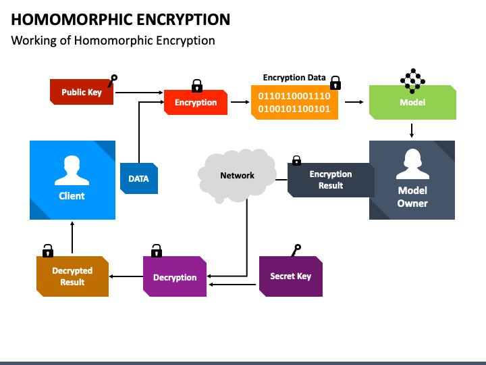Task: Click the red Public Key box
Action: tap(82, 92)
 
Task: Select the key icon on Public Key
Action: tap(112, 80)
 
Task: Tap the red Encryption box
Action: tap(196, 103)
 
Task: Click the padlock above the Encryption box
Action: tap(197, 86)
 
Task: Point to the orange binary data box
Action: tap(294, 102)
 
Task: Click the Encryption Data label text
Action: tap(294, 78)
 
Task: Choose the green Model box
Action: tap(412, 102)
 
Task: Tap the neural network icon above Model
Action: tap(412, 80)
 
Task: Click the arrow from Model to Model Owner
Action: tap(412, 130)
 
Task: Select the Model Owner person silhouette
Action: tap(412, 164)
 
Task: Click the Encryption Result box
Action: tap(331, 180)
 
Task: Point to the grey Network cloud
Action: tap(237, 176)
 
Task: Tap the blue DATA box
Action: tap(139, 178)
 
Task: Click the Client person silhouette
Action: tap(72, 170)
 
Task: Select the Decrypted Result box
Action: tap(72, 276)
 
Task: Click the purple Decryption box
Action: tap(175, 276)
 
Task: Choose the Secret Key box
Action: tap(291, 276)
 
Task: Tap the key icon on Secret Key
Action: tap(296, 250)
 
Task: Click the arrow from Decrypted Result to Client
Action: tap(72, 237)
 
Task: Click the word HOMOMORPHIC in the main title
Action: tap(72, 20)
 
